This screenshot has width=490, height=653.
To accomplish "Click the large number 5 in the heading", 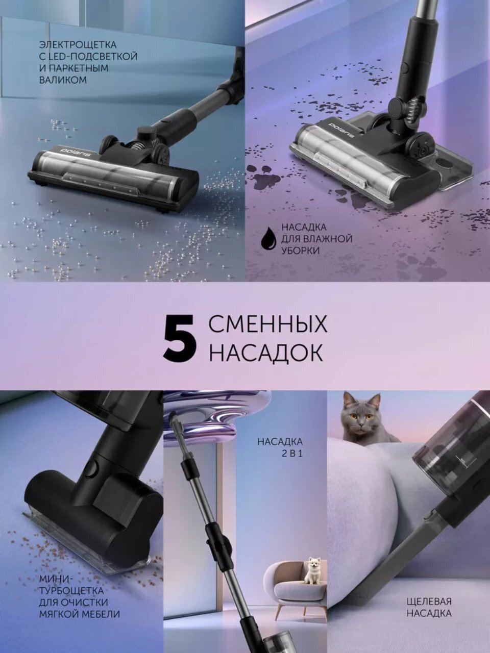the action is [x=180, y=339].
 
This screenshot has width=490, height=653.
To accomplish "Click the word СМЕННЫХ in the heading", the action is [x=267, y=325].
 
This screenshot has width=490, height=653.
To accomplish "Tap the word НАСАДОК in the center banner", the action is [x=265, y=353].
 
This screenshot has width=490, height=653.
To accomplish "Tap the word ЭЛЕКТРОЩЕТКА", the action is [x=78, y=45].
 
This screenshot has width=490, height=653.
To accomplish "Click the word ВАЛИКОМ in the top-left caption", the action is [x=63, y=80].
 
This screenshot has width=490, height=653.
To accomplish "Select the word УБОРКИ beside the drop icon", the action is [x=301, y=250].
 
